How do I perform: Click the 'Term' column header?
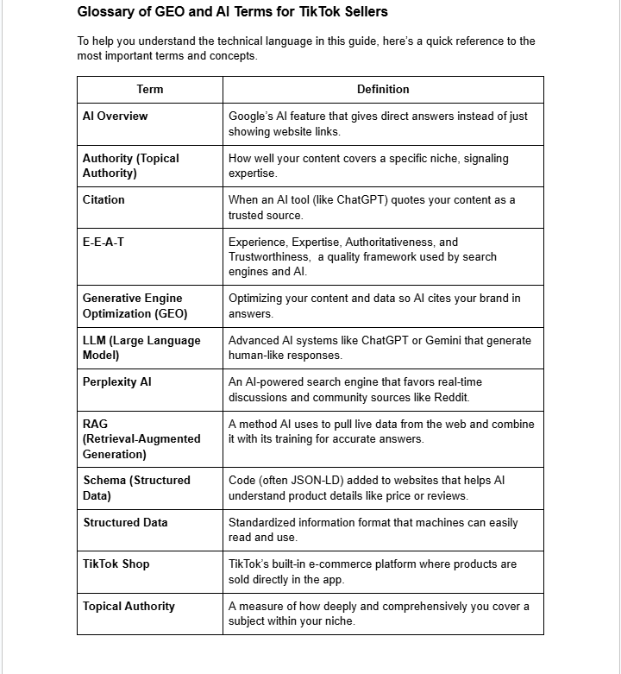tap(149, 89)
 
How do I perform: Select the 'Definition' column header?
tap(383, 89)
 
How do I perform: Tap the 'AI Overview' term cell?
tap(115, 117)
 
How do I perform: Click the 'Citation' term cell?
tap(103, 200)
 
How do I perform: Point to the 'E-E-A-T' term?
tap(103, 243)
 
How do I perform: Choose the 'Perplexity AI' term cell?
tap(116, 382)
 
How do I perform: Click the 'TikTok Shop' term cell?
tap(116, 564)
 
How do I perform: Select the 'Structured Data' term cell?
tap(125, 523)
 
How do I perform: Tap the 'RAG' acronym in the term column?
tap(95, 425)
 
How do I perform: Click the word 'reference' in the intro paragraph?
tap(466, 41)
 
